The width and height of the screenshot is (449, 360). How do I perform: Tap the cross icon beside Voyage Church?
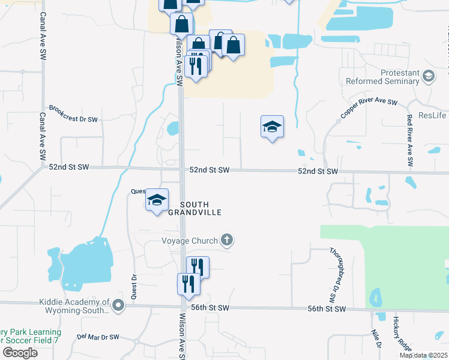226,241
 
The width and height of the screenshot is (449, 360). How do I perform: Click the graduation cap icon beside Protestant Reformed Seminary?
428,77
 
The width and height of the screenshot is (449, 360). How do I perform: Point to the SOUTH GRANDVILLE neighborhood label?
194,208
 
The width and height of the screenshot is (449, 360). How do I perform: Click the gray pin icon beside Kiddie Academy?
118,307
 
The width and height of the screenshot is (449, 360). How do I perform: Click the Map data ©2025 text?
423,355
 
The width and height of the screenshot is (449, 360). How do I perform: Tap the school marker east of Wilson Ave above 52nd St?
272,127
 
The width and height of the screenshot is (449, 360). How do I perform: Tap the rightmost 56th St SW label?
327,308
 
